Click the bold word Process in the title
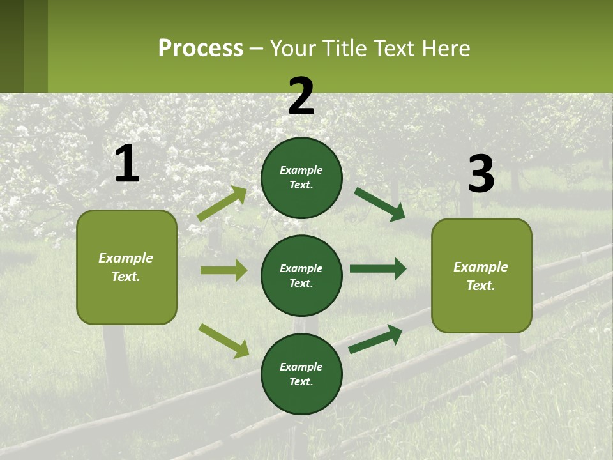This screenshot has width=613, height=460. click(201, 49)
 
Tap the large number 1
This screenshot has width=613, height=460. click(127, 164)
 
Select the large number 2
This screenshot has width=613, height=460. click(301, 96)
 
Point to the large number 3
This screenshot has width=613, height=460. click(481, 174)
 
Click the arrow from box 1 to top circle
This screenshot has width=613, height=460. click(222, 204)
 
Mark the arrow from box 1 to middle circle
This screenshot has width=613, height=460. click(223, 270)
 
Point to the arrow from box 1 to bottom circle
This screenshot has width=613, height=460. click(223, 341)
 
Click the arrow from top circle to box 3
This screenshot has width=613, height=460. click(380, 204)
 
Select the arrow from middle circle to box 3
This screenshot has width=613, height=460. click(378, 268)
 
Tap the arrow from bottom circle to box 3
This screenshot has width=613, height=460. click(375, 339)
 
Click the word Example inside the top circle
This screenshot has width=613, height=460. click(301, 170)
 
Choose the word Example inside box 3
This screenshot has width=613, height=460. click(481, 267)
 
